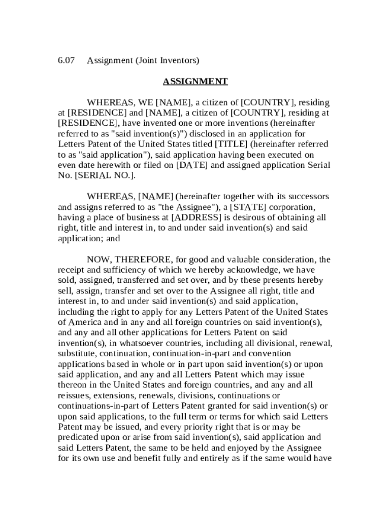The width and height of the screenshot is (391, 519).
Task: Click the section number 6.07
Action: (x=66, y=60)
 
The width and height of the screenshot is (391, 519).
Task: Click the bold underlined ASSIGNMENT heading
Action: (x=195, y=82)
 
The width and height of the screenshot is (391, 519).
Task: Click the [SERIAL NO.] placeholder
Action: (x=103, y=175)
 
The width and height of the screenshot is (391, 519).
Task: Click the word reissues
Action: (x=75, y=395)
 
